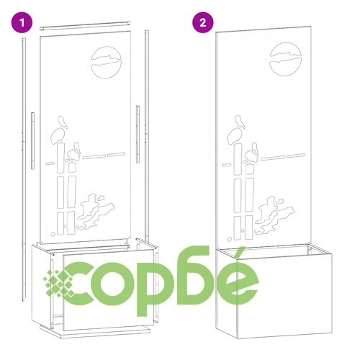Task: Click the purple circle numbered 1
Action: tap(22, 22)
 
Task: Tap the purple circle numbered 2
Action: tap(203, 22)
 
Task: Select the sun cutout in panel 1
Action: tap(107, 63)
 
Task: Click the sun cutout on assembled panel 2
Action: tap(285, 59)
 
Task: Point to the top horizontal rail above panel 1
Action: tap(85, 26)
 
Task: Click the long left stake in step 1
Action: tap(24, 168)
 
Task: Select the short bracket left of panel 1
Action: tap(32, 141)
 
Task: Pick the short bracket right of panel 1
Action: tap(138, 134)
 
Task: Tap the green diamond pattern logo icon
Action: tap(59, 283)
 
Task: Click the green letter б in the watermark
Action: tap(193, 275)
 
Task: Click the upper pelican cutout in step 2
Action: tap(236, 130)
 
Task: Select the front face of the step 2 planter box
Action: tap(285, 296)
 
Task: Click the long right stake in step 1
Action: tap(147, 135)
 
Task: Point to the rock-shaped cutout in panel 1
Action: tap(95, 211)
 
